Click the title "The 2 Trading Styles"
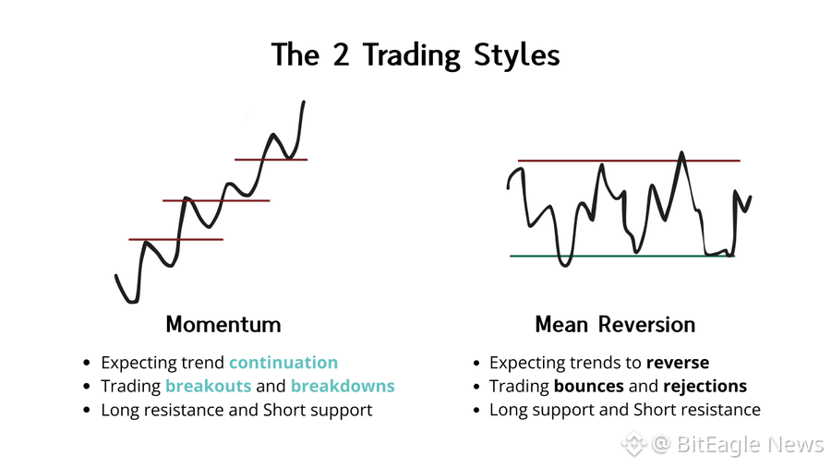click(415, 55)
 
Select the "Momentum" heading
click(223, 325)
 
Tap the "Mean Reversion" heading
click(615, 325)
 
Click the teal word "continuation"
click(283, 362)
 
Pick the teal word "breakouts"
click(209, 386)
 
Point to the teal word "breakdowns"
click(343, 386)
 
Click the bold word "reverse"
click(678, 363)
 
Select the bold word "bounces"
click(585, 386)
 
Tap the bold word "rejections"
click(705, 386)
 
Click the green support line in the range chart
click(621, 256)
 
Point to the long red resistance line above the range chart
click(629, 160)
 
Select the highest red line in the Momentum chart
click(271, 159)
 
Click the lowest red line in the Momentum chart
click(176, 239)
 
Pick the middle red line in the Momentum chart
click(216, 200)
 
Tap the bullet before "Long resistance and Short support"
click(87, 411)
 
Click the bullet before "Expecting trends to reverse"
click(476, 364)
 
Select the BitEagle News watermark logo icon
click(633, 444)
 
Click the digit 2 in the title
click(342, 55)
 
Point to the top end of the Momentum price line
click(304, 102)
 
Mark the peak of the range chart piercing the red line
click(681, 153)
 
